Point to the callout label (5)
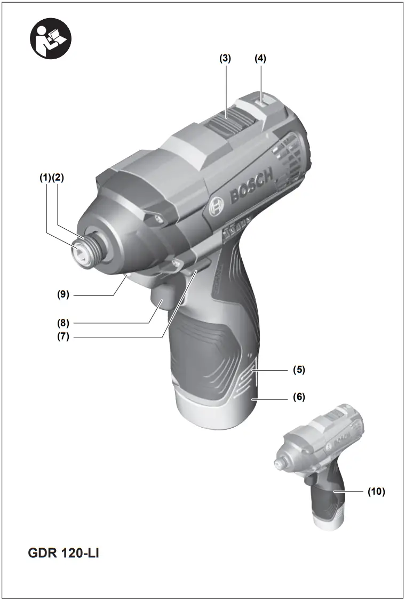click(x=299, y=369)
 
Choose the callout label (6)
click(x=299, y=397)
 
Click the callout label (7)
click(x=65, y=337)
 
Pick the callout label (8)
click(x=65, y=323)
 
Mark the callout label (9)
click(x=65, y=294)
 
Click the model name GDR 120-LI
click(x=63, y=553)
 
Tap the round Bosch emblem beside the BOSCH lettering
click(x=216, y=205)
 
